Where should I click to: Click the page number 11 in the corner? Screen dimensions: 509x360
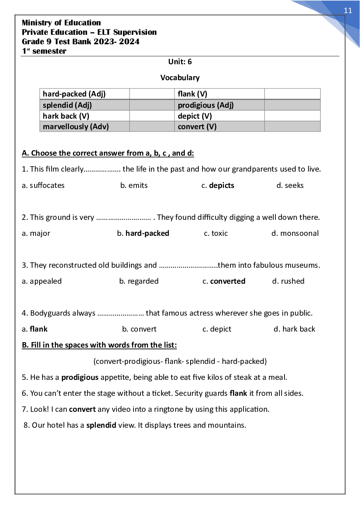(x=348, y=11)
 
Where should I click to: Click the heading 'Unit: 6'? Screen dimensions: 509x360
(x=180, y=62)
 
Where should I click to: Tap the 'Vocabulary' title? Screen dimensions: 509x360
(x=180, y=78)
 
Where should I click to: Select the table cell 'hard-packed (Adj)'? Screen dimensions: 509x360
(x=74, y=94)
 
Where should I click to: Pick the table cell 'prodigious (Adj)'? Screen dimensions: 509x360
(x=205, y=105)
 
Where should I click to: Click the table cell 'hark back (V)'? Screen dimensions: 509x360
(x=66, y=116)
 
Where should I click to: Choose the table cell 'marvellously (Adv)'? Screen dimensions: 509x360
(x=75, y=127)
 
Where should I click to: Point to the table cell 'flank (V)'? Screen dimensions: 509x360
(x=192, y=94)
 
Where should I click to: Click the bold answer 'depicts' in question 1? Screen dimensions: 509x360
(x=221, y=185)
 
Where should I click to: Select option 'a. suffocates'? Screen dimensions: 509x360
(x=43, y=185)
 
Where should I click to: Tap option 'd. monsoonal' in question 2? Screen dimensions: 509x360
(x=295, y=233)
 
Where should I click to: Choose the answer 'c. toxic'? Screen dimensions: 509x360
(x=216, y=233)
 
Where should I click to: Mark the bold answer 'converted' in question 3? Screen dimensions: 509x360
(x=228, y=281)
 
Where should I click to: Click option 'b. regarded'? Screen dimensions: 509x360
(x=139, y=281)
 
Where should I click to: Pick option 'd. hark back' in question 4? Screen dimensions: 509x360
(x=294, y=329)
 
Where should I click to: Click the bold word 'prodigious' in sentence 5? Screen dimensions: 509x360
(x=80, y=377)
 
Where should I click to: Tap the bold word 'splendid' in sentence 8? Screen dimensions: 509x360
(x=101, y=425)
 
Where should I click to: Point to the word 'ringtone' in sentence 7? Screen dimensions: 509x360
(x=169, y=409)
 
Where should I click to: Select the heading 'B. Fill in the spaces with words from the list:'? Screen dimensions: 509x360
(x=99, y=345)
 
